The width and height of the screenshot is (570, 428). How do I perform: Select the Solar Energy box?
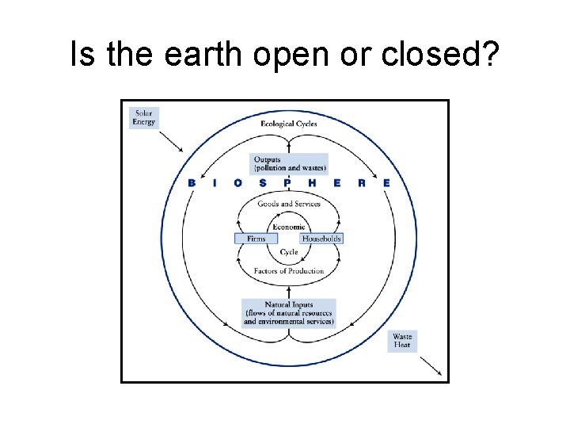(143, 117)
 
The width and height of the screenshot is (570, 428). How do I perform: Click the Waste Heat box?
(402, 342)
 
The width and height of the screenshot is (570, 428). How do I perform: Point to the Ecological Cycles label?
(289, 124)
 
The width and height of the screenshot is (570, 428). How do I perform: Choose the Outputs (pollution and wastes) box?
(290, 164)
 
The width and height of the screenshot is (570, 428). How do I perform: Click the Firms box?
(256, 238)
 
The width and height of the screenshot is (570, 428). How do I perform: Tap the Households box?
(321, 238)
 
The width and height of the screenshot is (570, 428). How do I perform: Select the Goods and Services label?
(289, 204)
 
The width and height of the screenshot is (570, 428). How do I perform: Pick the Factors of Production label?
(289, 271)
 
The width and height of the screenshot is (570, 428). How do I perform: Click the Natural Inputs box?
(289, 312)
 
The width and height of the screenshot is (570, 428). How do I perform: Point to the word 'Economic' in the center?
(289, 227)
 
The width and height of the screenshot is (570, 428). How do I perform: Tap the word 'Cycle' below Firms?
(289, 252)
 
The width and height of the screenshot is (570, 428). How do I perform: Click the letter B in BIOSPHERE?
(192, 183)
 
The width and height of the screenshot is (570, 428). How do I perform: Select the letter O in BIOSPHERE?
(238, 183)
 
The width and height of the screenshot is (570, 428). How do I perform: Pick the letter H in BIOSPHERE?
(312, 183)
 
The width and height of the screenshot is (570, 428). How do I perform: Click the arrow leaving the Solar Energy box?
(171, 140)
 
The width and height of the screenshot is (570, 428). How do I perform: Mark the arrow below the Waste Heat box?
(430, 365)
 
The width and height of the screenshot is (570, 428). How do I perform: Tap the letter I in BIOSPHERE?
(215, 183)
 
